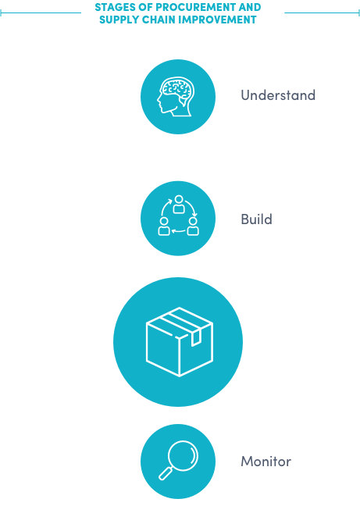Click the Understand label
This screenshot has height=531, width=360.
pos(278,95)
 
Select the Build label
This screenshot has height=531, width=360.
pos(256,219)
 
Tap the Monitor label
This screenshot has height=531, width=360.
pos(266,462)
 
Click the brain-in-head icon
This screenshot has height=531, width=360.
pos(176,97)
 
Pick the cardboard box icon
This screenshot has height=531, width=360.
pos(179,342)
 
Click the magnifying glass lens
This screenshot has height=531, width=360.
pos(183,455)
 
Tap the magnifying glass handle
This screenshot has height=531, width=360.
pos(165,473)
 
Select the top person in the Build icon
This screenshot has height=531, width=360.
pos(179,205)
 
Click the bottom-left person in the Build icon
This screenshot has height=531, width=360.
pos(164,226)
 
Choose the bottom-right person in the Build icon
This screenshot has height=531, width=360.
pos(193,226)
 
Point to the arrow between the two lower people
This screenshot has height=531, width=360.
pos(178,232)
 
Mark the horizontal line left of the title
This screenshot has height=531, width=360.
pos(41,12)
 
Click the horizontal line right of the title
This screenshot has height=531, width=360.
pos(322,12)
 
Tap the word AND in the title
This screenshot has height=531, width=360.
pos(250,7)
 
